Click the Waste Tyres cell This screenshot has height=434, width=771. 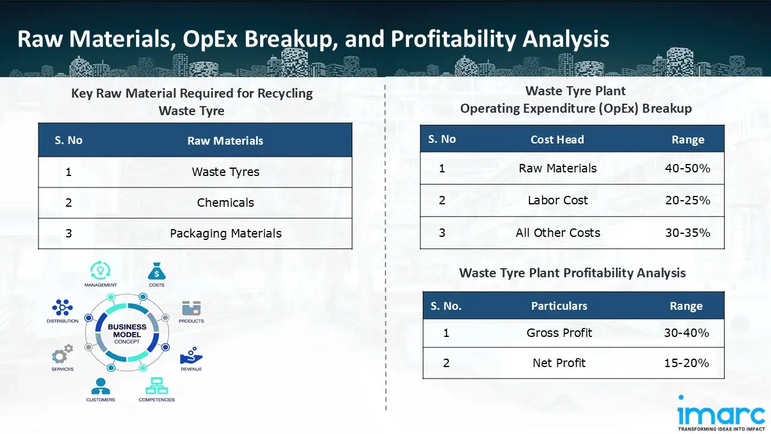(x=225, y=172)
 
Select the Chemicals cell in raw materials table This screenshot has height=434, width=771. (x=225, y=203)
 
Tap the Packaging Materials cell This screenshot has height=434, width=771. (x=225, y=234)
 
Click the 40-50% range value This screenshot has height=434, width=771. (x=687, y=169)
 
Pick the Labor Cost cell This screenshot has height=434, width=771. (x=557, y=201)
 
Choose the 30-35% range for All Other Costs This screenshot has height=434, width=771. (x=687, y=233)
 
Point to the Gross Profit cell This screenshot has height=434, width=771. (x=559, y=333)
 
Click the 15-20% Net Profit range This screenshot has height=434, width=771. (x=686, y=363)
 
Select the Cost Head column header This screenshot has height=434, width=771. (x=557, y=140)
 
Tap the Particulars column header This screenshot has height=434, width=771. (x=558, y=306)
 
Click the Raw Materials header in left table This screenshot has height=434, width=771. (x=225, y=141)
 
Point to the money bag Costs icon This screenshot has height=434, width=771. (x=156, y=271)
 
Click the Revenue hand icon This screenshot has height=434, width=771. (x=191, y=355)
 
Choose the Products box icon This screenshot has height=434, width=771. (x=191, y=309)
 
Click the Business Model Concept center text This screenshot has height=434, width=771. (x=126, y=334)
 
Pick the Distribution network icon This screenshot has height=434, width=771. (x=62, y=308)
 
